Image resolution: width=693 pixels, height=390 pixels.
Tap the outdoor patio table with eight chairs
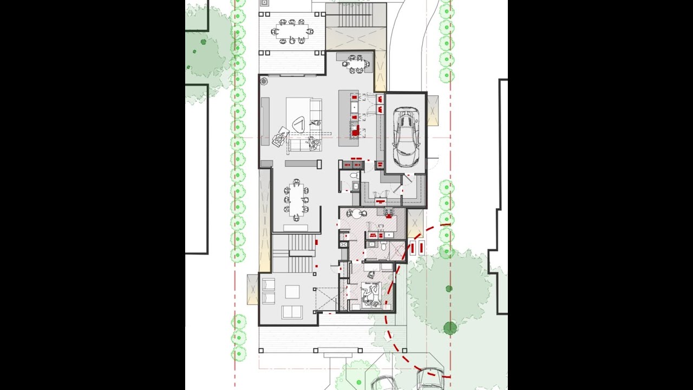tap(292, 31)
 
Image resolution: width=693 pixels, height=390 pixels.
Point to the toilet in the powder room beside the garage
tap(354, 175)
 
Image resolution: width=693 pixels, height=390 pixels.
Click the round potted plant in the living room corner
tap(264, 82)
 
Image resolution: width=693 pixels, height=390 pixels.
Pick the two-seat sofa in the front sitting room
tap(292, 311)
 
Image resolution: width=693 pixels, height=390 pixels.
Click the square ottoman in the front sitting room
tap(292, 291)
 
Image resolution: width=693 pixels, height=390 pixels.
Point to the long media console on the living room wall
tap(265, 122)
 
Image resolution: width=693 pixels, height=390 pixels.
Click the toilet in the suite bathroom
tap(383, 247)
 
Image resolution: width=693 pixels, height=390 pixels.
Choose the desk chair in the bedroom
tap(370, 275)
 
